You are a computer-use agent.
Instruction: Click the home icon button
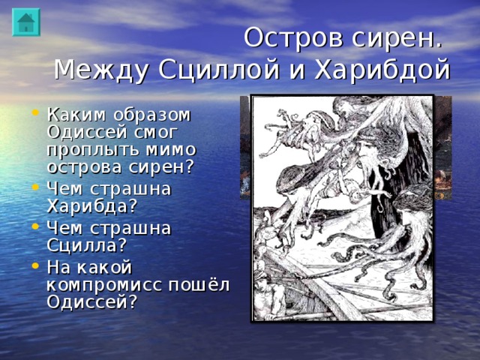coord(25,22)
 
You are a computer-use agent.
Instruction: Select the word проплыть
coord(94,148)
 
